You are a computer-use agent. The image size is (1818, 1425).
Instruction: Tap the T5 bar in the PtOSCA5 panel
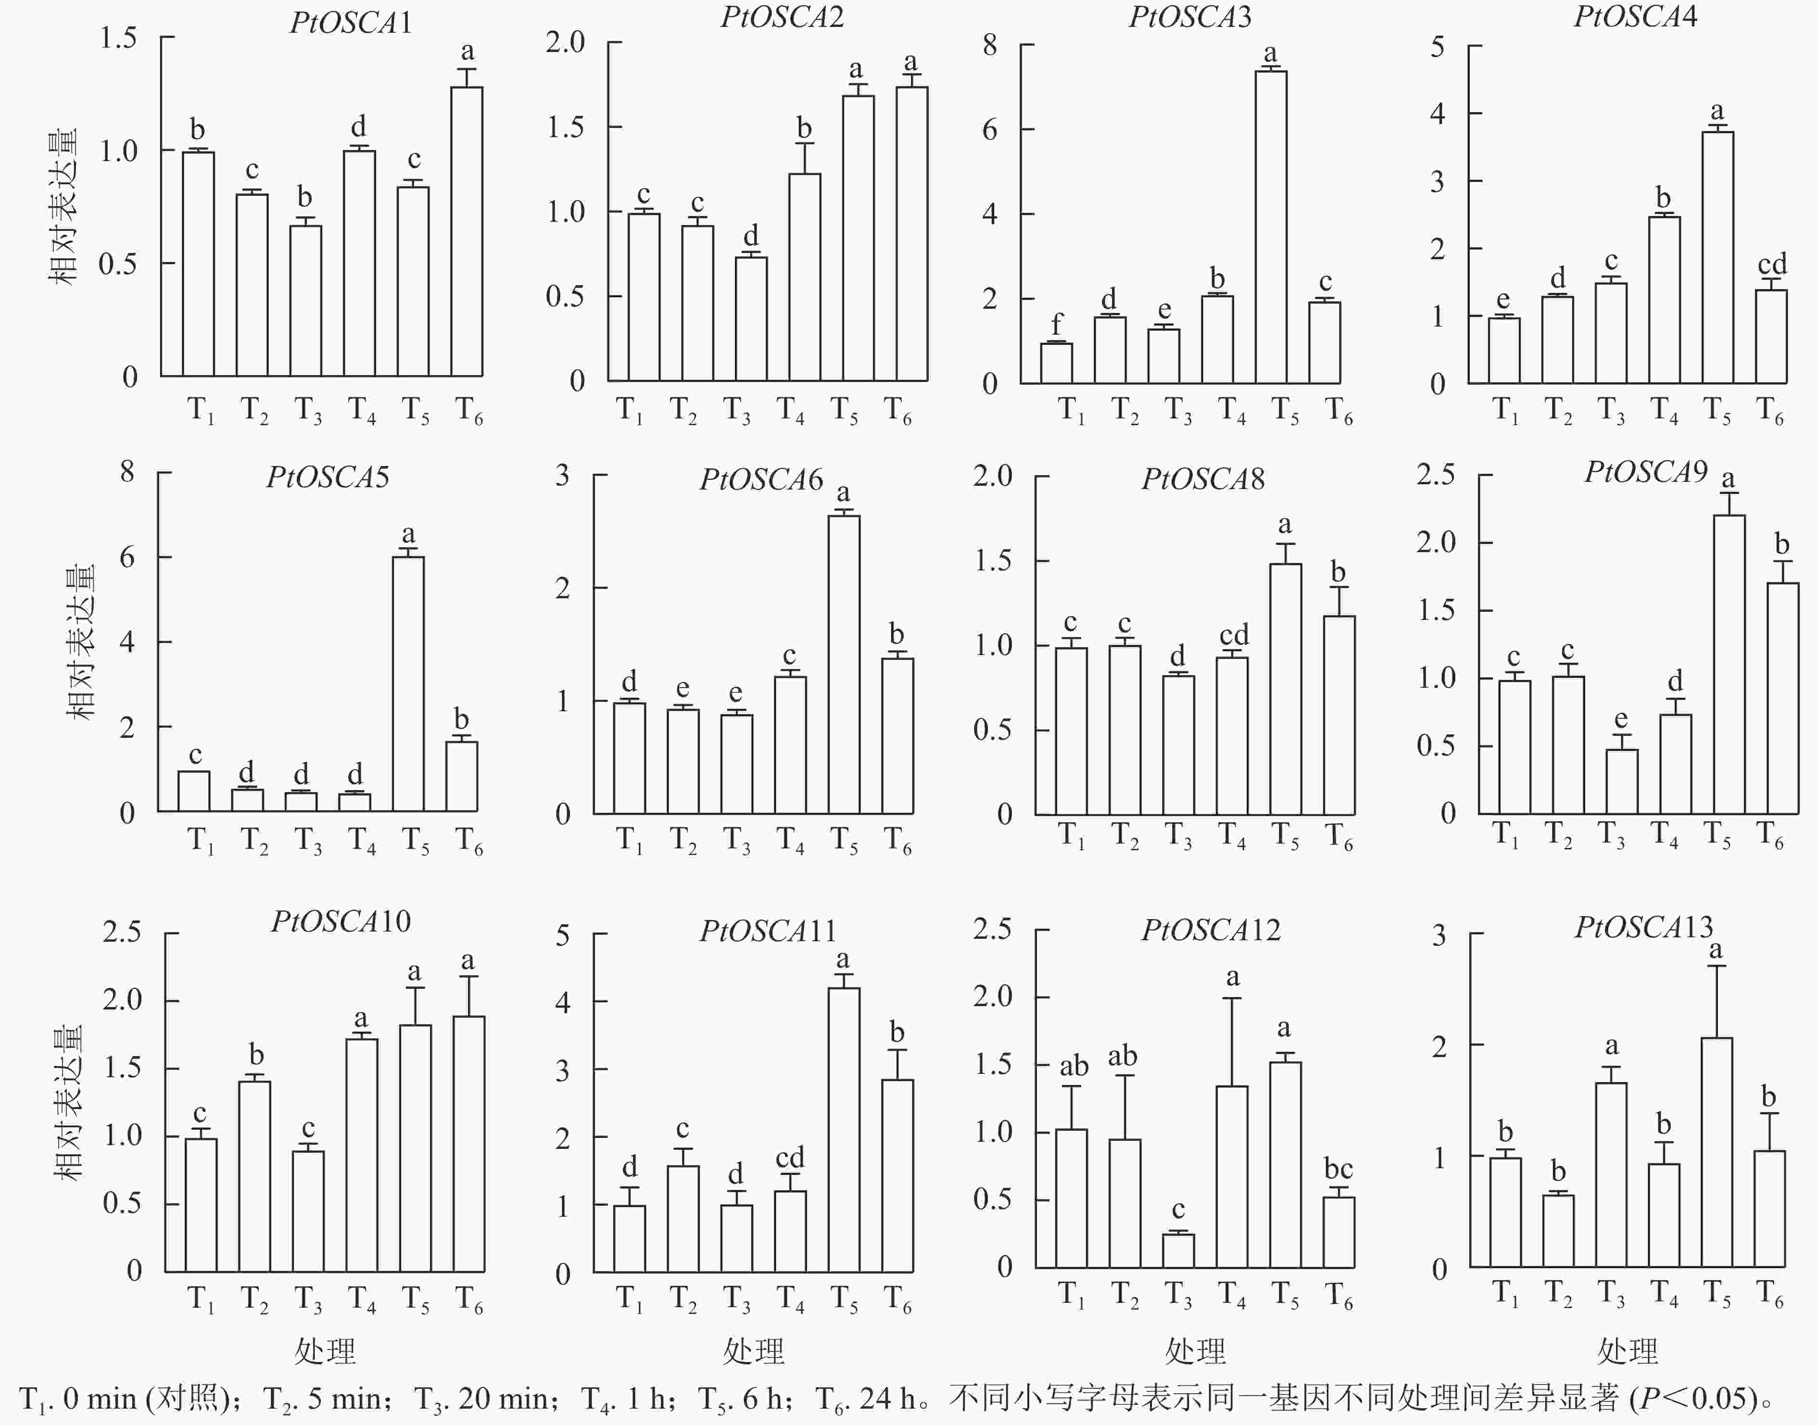408,684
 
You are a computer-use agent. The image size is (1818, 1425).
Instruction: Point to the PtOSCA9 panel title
1645,473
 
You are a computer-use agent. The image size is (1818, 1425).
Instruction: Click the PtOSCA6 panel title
761,479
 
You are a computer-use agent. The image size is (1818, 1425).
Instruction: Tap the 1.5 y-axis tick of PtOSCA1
118,38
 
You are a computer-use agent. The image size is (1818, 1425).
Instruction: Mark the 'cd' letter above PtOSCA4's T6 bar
1772,265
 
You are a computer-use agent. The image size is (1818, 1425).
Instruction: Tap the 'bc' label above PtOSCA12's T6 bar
1338,1169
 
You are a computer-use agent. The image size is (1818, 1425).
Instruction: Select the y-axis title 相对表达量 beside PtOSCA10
68,1101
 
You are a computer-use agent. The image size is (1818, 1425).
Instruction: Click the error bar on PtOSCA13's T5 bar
1716,1001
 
